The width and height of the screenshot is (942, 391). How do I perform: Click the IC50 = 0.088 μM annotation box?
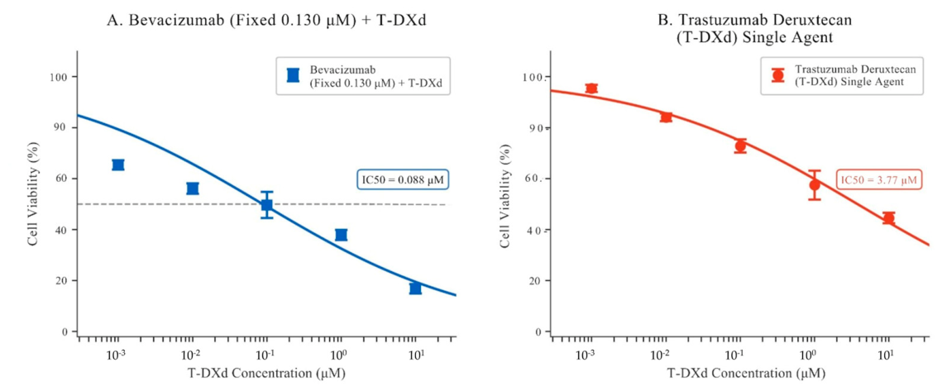[x=404, y=179]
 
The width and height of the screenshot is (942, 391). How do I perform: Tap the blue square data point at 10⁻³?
[x=117, y=165]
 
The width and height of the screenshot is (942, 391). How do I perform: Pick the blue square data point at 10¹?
[x=415, y=288]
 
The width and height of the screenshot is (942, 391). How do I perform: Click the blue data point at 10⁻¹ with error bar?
[x=267, y=205]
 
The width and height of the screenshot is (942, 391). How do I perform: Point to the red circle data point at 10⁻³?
[x=591, y=88]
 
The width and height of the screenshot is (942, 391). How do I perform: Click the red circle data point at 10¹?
[x=888, y=218]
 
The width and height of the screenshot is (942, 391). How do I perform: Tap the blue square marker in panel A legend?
[x=293, y=75]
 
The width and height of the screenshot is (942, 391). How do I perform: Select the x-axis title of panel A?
[x=267, y=373]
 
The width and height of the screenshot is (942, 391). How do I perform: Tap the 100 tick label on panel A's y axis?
[x=60, y=77]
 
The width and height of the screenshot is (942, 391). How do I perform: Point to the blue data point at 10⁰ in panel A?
[x=342, y=235]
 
